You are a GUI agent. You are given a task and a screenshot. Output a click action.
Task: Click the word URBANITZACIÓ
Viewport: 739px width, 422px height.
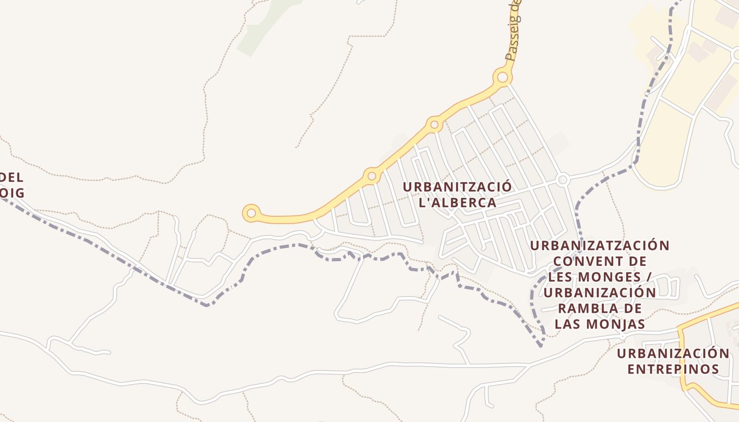[457, 187]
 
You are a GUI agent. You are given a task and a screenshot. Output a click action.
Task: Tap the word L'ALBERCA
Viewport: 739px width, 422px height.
[457, 203]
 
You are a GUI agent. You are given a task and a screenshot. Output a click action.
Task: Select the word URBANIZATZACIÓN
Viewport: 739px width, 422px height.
[600, 246]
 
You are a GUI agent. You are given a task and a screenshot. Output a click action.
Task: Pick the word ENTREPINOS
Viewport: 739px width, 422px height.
[673, 369]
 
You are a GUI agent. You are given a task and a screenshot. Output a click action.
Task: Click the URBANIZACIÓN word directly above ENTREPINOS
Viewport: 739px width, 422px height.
[673, 353]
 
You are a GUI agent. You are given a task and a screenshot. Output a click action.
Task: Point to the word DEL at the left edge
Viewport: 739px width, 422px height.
[12, 178]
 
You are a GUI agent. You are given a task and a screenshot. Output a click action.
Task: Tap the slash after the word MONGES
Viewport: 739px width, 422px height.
[649, 276]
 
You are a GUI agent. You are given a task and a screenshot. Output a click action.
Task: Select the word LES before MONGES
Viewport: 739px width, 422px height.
[563, 276]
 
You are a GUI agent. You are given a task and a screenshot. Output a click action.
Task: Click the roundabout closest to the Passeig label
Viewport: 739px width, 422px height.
[503, 78]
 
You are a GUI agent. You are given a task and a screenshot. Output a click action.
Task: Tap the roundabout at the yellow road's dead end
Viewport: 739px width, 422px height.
[251, 213]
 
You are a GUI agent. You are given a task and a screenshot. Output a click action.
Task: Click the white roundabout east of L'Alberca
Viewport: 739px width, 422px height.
[562, 180]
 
